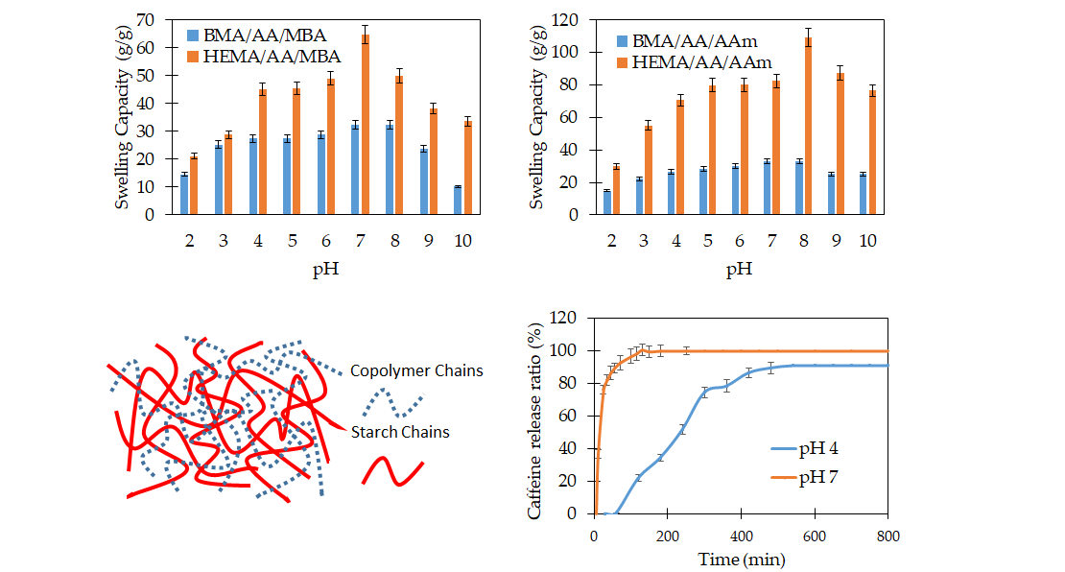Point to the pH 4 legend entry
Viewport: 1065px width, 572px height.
click(x=807, y=448)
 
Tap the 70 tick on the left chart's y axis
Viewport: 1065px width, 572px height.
click(x=147, y=19)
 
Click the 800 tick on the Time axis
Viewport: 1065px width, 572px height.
click(x=887, y=535)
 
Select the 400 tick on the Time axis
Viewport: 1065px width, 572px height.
click(x=741, y=535)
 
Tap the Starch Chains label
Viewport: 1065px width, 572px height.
click(x=399, y=432)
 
